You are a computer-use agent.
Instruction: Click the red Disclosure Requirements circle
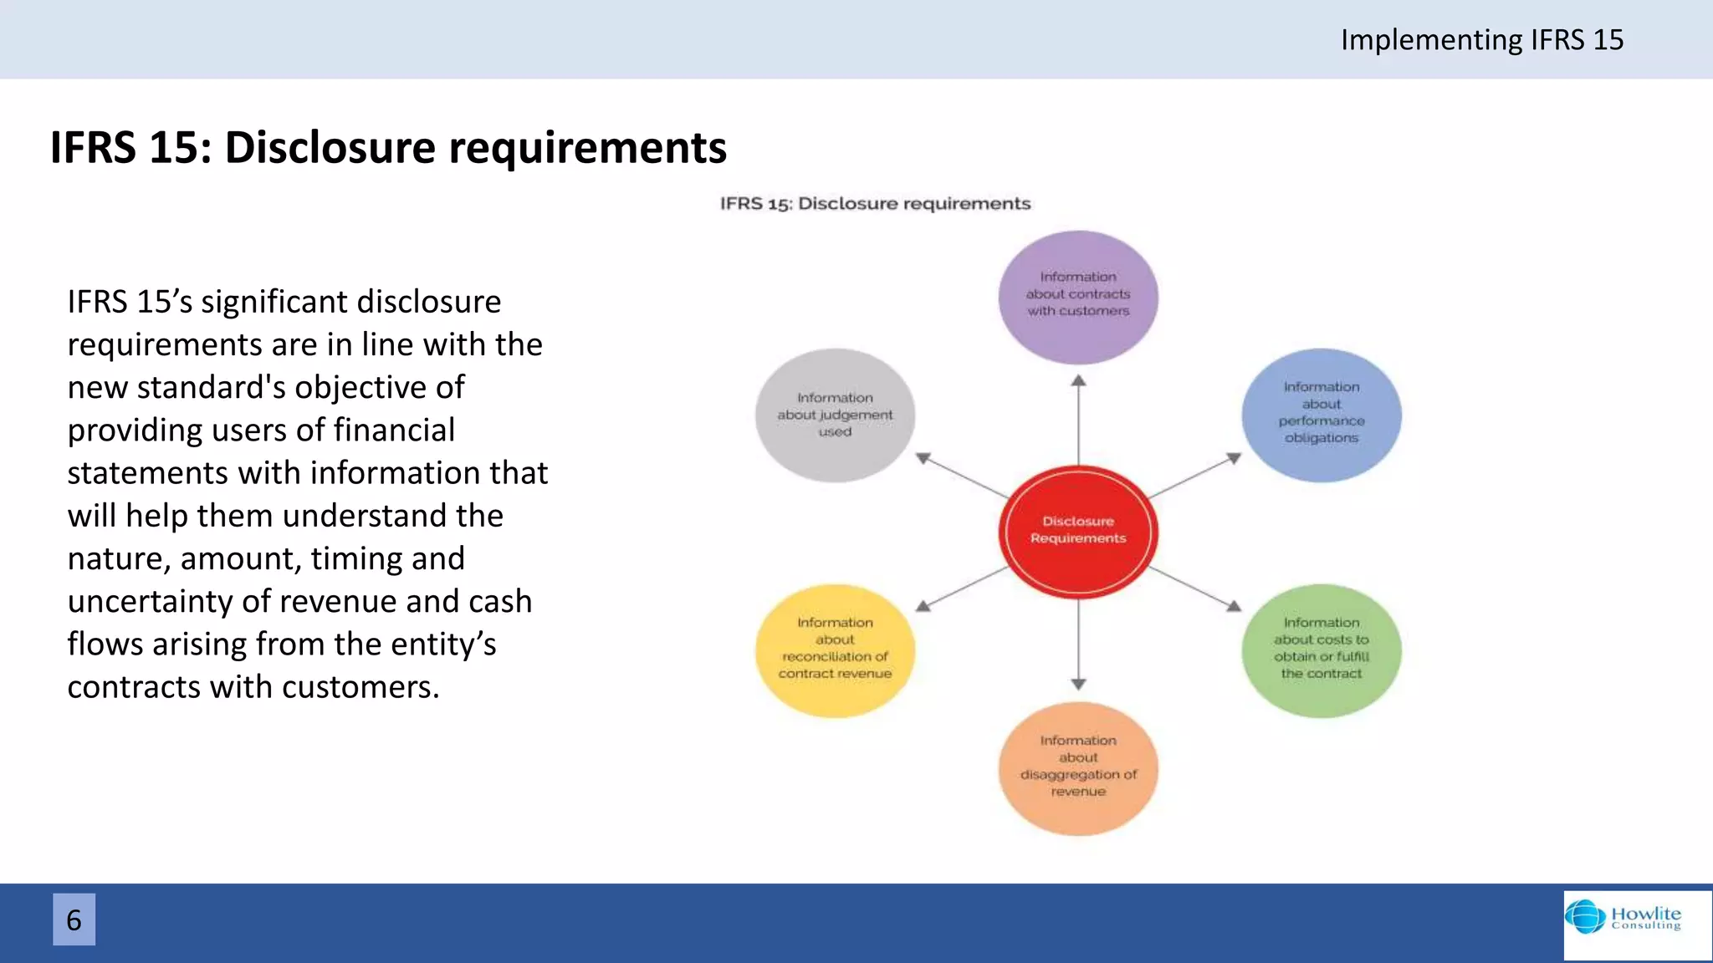tap(1078, 531)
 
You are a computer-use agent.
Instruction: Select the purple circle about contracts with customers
tap(1078, 297)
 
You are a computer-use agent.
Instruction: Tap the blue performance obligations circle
tap(1322, 415)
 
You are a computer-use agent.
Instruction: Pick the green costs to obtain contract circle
tap(1322, 650)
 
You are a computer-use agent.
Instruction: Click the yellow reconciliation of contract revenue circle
tap(835, 650)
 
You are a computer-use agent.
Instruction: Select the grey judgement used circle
tap(835, 415)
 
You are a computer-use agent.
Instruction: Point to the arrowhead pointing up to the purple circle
tap(1078, 381)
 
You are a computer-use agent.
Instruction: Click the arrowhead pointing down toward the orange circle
tap(1078, 684)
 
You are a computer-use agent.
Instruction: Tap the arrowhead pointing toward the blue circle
tap(1233, 458)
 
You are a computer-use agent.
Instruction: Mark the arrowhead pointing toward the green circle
tap(1233, 606)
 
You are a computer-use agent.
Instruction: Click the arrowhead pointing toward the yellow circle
tap(923, 606)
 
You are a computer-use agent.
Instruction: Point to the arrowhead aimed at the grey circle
tap(923, 458)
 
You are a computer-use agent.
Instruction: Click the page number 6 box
tap(74, 920)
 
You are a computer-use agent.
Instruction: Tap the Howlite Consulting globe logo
tap(1585, 916)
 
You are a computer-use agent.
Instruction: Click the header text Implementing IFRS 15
tap(1481, 39)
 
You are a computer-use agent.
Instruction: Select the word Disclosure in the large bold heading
tap(330, 147)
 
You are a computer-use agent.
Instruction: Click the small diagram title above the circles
tap(875, 203)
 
